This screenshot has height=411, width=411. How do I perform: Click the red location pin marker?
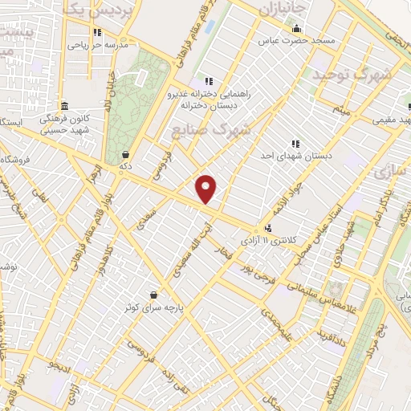206,189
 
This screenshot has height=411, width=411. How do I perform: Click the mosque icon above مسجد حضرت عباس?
296,28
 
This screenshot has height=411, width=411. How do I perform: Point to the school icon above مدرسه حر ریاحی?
98,33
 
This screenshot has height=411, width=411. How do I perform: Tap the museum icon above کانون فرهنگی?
64,106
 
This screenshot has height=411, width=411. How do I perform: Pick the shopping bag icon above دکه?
124,155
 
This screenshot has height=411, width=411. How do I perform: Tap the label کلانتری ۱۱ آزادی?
269,239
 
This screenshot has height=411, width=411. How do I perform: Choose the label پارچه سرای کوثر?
153,307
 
